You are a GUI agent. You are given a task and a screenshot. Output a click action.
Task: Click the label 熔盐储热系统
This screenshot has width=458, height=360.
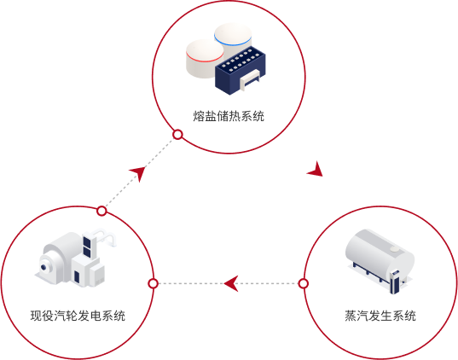point(229,116)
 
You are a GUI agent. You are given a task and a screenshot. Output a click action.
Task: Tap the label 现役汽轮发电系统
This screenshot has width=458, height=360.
point(78,316)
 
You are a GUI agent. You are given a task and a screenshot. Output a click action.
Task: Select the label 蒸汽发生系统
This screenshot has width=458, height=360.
point(380,316)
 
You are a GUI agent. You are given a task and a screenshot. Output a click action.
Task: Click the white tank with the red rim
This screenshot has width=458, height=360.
point(205,59)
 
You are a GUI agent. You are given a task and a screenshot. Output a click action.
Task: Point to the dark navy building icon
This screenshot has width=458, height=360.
point(241,70)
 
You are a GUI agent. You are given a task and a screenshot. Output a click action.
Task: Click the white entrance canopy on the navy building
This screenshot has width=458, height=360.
point(249,79)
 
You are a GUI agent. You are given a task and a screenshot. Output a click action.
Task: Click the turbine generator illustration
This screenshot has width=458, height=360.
point(75,257)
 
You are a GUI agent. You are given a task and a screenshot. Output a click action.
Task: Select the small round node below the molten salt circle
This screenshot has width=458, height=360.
point(177,135)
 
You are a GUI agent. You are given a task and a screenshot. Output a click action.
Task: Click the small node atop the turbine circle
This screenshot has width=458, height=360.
point(101,211)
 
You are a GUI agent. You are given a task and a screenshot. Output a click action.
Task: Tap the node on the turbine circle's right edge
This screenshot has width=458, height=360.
point(153,283)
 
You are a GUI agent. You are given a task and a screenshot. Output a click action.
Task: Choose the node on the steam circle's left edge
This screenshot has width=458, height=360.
point(304,283)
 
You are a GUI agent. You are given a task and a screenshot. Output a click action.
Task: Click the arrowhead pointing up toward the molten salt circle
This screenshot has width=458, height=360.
point(138,173)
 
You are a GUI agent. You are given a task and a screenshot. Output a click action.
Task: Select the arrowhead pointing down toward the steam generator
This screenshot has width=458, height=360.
point(316,170)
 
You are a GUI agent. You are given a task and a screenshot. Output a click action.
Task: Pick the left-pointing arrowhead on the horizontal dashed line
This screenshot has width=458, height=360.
point(230,283)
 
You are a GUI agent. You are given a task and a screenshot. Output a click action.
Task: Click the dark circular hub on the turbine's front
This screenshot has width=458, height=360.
point(43,267)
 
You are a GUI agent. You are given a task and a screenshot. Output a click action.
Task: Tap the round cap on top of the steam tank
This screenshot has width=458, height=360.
point(395,248)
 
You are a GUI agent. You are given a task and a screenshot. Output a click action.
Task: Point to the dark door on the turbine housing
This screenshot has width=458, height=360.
point(77,276)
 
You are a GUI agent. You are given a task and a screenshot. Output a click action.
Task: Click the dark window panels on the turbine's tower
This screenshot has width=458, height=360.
point(87,247)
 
